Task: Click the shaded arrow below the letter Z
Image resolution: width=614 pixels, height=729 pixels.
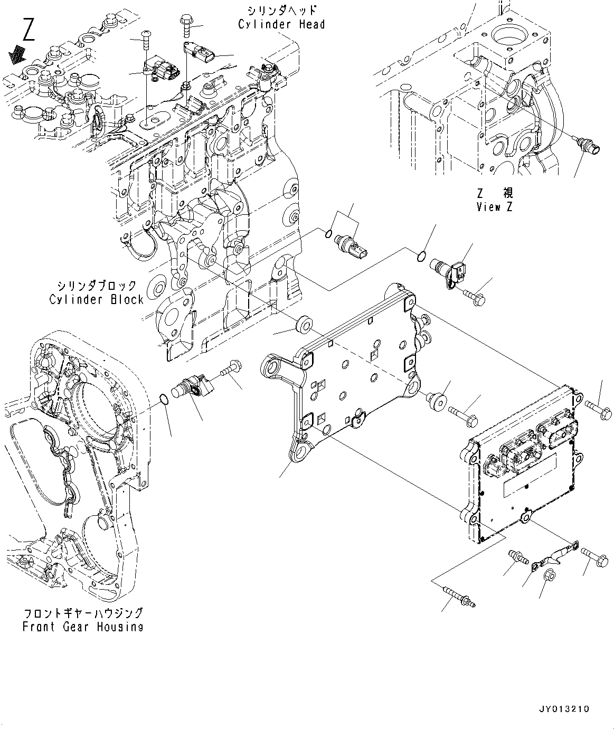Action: (19, 52)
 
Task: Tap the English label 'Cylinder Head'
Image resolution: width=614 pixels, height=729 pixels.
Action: (281, 24)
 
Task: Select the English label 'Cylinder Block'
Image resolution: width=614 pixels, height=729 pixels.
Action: (97, 299)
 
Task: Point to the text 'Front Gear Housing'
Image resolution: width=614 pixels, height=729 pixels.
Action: (83, 627)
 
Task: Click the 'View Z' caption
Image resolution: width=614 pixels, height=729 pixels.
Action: (494, 207)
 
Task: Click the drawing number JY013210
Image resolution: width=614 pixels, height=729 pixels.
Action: (564, 709)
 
